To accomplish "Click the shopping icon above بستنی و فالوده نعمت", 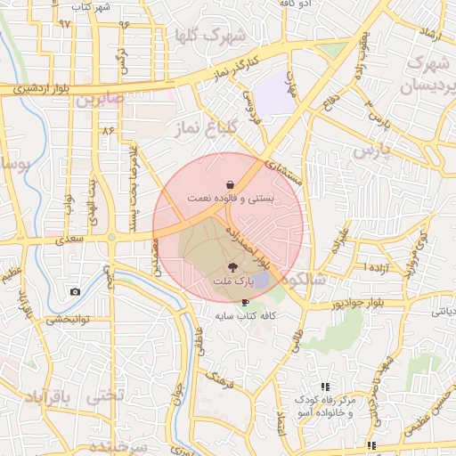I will [x=231, y=183].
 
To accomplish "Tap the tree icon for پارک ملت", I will [x=232, y=266].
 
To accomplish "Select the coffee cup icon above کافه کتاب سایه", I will [x=245, y=303].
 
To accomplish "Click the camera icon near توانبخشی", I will [x=75, y=291].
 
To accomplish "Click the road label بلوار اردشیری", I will [x=31, y=88].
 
